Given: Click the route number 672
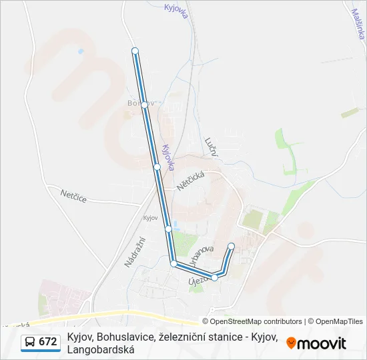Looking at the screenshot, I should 47,342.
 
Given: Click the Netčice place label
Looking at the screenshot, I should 74,194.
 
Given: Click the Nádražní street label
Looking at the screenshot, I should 134,251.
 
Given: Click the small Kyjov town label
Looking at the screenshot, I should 150,218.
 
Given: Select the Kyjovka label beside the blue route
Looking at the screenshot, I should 168,158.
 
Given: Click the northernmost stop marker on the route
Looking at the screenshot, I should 135,51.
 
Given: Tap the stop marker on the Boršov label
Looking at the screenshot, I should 144,105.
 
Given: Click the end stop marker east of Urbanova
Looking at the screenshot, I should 232,247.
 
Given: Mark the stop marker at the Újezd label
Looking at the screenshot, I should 214,277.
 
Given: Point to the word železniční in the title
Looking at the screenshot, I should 181,337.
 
